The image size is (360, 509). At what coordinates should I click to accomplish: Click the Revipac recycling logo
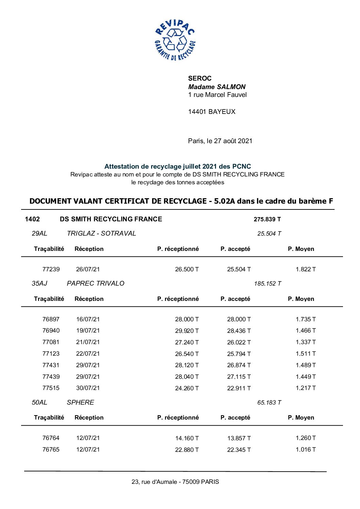point(175,40)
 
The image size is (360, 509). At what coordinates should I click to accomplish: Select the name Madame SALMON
point(217,87)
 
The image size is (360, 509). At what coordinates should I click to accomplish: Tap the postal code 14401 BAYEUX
point(212,112)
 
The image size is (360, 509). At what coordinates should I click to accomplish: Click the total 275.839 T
point(267,219)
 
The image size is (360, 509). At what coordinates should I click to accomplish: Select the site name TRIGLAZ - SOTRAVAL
point(101,233)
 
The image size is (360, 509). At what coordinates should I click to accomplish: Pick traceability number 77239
point(51,269)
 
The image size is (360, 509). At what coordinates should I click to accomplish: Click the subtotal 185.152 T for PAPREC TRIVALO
point(267,284)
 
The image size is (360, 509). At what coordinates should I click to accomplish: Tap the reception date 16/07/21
point(88,319)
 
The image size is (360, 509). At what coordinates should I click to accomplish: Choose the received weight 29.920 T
point(187,331)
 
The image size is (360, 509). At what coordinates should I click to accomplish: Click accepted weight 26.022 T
point(239,342)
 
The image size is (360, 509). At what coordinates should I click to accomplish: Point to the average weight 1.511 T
point(306,354)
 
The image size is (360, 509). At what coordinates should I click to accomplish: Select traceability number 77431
point(51,365)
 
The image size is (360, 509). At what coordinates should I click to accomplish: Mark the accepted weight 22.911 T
point(239,388)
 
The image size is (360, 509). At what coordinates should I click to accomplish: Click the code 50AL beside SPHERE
point(39,402)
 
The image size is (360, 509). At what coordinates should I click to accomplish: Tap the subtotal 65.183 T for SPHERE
point(269,403)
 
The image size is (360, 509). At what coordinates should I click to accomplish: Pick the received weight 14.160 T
point(187,438)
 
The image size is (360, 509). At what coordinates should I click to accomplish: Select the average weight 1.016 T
point(306,449)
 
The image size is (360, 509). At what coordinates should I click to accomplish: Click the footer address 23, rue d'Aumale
point(175,482)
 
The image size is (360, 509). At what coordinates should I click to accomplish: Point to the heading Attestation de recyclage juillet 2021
point(177,167)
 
